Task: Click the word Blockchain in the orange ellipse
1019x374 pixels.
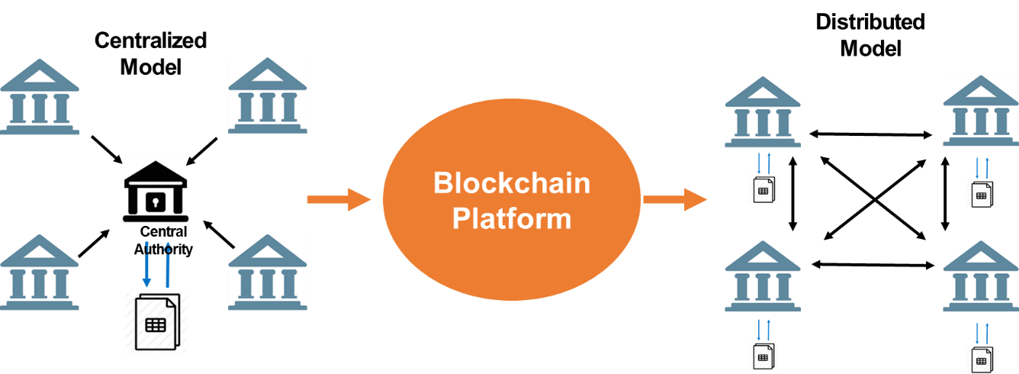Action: pyautogui.click(x=511, y=183)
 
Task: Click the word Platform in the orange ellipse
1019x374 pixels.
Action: pyautogui.click(x=511, y=218)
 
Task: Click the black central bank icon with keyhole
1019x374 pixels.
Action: pyautogui.click(x=156, y=191)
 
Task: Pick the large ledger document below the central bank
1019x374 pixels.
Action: pyautogui.click(x=156, y=323)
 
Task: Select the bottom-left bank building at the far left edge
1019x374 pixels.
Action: pyautogui.click(x=40, y=272)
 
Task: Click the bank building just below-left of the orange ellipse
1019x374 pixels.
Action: pyautogui.click(x=268, y=272)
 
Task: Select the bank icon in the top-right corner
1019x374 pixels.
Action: pyautogui.click(x=981, y=111)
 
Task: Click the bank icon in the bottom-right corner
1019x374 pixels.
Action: pyautogui.click(x=981, y=276)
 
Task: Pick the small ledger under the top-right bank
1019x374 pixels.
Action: pyautogui.click(x=982, y=195)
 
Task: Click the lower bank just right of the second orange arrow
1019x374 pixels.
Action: pyautogui.click(x=762, y=276)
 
